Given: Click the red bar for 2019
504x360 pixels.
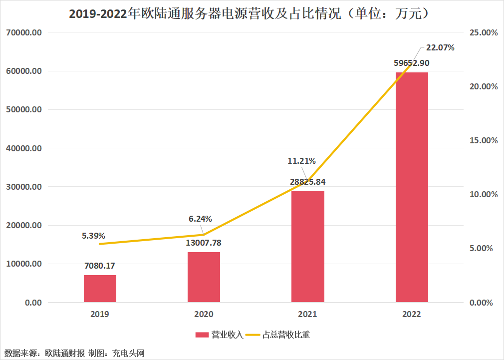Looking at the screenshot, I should tap(100, 289).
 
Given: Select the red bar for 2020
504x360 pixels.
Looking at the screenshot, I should tap(204, 277).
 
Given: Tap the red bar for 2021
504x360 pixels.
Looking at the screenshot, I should tap(307, 247).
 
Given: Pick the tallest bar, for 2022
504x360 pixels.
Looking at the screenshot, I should tap(412, 187).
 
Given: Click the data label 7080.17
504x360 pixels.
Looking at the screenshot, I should tap(99, 266).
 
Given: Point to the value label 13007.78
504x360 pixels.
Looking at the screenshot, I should tap(203, 243).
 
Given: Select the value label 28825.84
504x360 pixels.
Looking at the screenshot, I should tap(307, 182).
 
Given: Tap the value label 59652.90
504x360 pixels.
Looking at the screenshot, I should tap(412, 63).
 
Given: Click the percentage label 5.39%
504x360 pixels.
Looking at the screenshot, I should tap(94, 235).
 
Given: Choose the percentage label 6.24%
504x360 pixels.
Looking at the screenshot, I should tap(200, 219).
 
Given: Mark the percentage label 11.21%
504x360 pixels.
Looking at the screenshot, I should tap(301, 161).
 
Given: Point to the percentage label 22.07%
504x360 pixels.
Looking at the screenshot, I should tap(440, 48).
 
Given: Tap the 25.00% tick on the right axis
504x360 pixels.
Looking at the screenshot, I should tap(484, 32).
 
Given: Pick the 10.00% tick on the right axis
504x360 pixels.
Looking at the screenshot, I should tap(484, 194).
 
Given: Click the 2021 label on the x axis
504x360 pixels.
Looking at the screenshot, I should tap(307, 315).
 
